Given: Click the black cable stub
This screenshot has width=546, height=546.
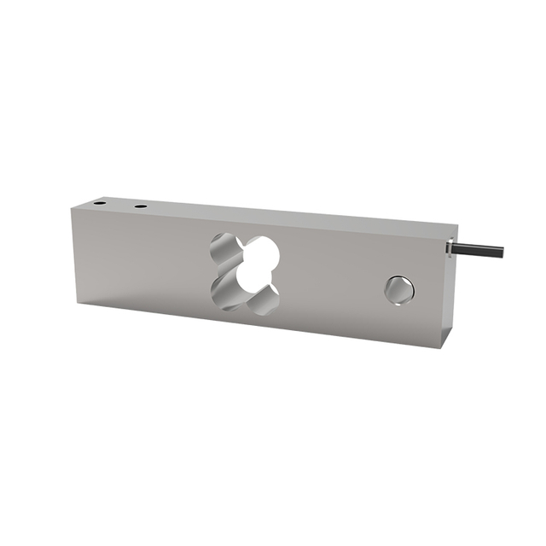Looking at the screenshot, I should pos(479,250).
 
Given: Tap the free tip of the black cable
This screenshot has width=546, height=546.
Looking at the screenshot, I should pos(502,253).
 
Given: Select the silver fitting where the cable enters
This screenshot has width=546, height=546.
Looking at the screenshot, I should pos(450,247).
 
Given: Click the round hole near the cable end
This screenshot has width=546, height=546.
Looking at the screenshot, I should pos(398,289).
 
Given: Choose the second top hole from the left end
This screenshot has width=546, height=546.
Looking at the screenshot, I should pos(139,206).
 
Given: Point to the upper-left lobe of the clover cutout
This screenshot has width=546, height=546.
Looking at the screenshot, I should pos(226,247).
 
